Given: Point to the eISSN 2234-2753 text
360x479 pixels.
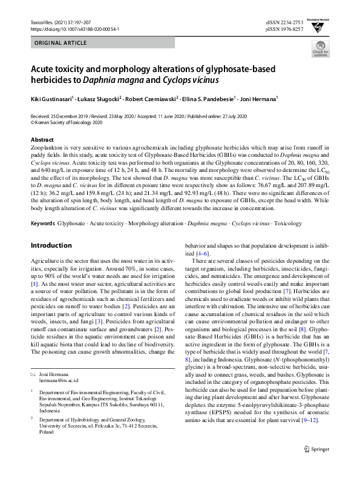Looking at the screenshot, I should pyautogui.click(x=284, y=21).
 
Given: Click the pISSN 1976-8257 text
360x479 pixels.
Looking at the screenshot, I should pyautogui.click(x=284, y=28).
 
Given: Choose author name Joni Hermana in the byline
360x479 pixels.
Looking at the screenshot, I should pyautogui.click(x=259, y=97).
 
